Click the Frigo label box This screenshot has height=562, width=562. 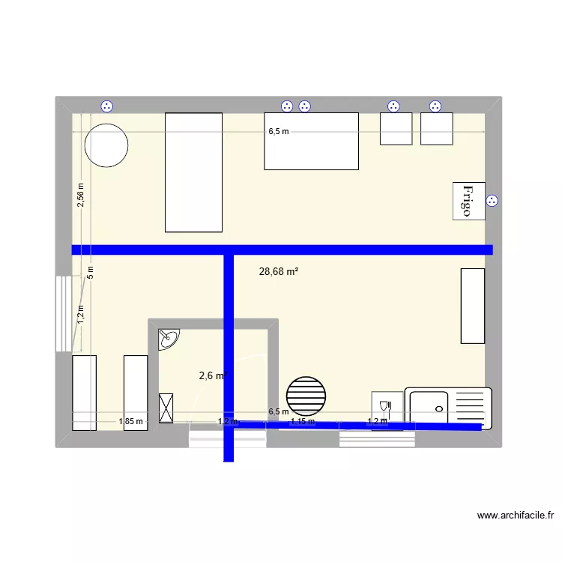pos(468,201)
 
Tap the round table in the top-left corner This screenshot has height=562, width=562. pos(106,145)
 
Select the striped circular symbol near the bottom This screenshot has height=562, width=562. pos(306,395)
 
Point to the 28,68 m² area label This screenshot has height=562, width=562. pos(279,272)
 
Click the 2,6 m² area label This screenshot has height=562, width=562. pos(213,376)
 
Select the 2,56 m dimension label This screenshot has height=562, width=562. pos(82,195)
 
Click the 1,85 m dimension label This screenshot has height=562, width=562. pos(130,422)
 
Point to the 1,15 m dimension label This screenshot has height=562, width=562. pos(302,422)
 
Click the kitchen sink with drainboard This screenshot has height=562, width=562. pos(448,408)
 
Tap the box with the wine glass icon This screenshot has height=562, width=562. pos(387,409)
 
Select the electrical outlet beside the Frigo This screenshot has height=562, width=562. pos(492,201)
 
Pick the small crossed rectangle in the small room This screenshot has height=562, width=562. pos(166,408)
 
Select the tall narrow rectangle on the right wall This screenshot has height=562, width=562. pos(472,306)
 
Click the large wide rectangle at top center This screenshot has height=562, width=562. pos(311,141)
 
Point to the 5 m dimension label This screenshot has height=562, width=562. pos(89,272)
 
